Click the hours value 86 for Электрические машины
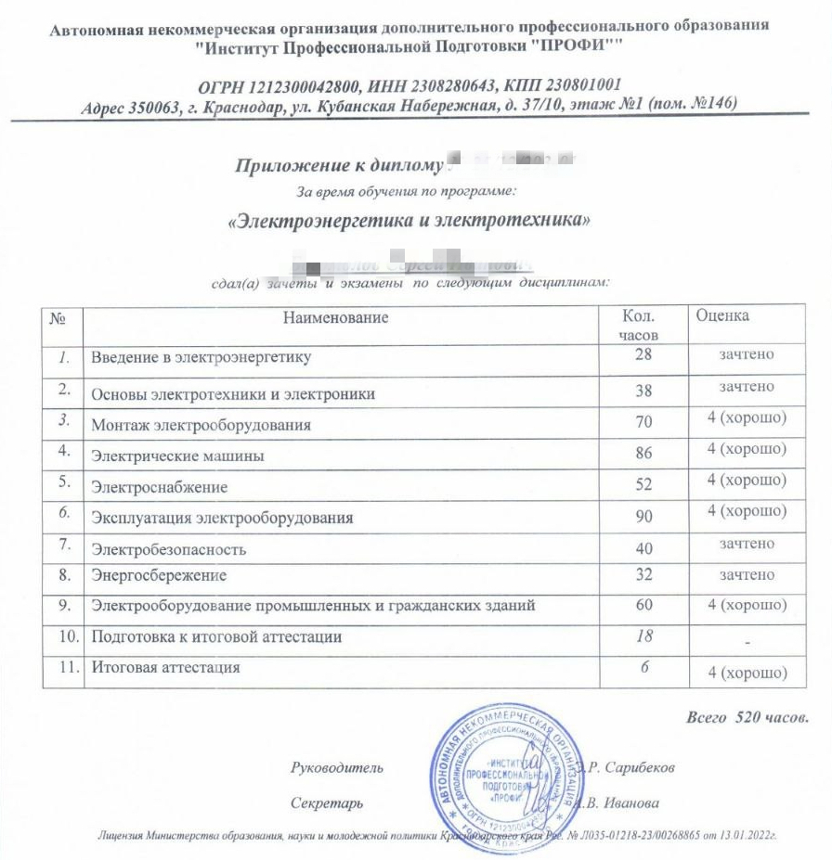644,454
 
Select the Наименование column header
335,318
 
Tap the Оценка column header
722,315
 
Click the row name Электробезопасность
168,549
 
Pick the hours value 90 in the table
644,517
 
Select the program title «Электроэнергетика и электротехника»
409,222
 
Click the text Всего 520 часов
747,717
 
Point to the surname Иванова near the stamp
634,802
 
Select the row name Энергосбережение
159,575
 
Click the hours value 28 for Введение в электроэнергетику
644,355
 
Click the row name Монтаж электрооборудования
201,426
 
